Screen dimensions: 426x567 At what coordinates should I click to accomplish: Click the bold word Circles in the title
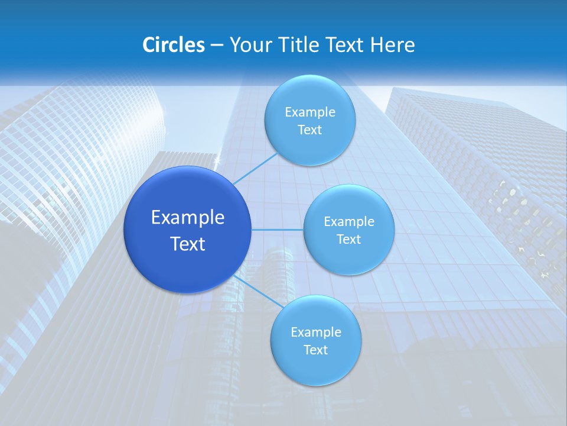click(x=173, y=45)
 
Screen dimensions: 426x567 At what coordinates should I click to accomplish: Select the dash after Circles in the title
click(x=217, y=46)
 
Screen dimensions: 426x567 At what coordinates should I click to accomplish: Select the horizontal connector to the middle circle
click(x=277, y=230)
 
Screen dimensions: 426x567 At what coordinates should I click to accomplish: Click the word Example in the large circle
click(x=188, y=218)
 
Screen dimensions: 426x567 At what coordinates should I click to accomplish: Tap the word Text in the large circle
click(x=188, y=244)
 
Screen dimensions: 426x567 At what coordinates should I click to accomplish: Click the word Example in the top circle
click(x=310, y=112)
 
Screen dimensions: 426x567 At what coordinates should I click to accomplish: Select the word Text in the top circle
click(x=309, y=130)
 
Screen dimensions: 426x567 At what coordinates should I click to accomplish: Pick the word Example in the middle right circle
click(x=349, y=222)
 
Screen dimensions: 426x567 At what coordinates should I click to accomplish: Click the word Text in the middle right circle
click(x=348, y=240)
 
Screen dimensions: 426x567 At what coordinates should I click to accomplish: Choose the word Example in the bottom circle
click(x=316, y=333)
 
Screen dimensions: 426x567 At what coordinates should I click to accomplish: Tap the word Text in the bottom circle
click(x=315, y=350)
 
